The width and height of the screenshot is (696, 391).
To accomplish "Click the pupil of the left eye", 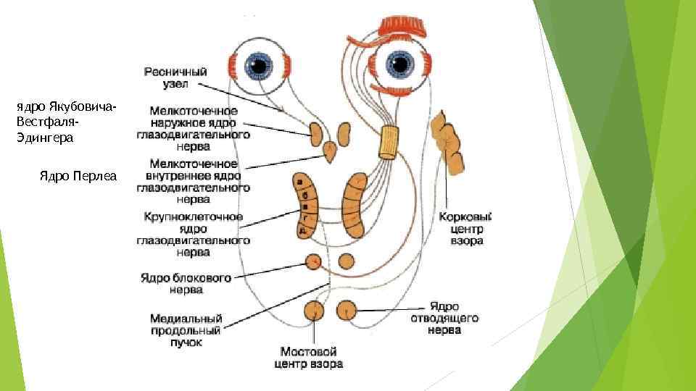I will pyautogui.click(x=259, y=67).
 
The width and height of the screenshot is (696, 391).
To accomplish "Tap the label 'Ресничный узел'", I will pyautogui.click(x=175, y=77).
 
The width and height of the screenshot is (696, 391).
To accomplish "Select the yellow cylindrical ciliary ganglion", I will pyautogui.click(x=390, y=142).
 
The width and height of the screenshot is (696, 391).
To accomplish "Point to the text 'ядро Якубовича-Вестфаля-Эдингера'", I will pyautogui.click(x=65, y=122).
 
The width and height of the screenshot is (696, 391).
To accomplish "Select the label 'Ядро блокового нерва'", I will pyautogui.click(x=186, y=283).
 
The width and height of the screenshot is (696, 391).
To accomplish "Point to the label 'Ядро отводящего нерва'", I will pyautogui.click(x=453, y=318).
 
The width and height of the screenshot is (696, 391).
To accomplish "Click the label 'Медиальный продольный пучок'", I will pyautogui.click(x=186, y=329).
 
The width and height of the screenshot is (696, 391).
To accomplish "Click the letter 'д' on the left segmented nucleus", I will pyautogui.click(x=302, y=230).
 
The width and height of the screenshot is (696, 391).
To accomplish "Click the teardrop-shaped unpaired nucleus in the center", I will pyautogui.click(x=330, y=154).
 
